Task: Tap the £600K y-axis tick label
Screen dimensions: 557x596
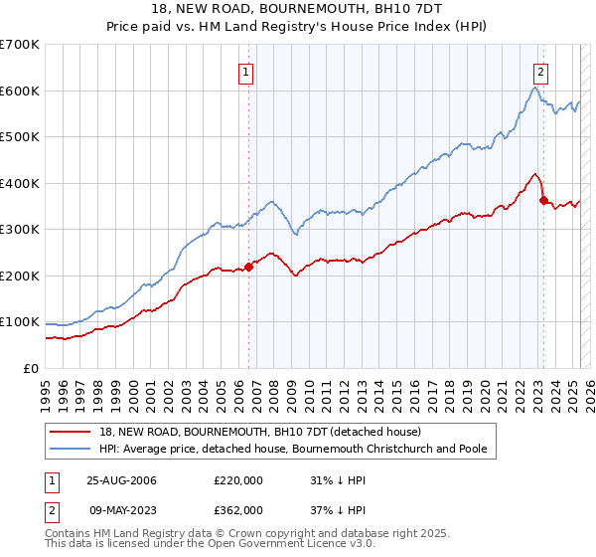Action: tap(19, 91)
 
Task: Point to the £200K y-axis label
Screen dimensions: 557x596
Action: tap(19, 276)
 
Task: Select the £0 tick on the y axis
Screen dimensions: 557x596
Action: tap(30, 368)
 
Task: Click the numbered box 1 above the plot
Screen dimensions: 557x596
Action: tap(245, 72)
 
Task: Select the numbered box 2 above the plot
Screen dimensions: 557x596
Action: tap(540, 72)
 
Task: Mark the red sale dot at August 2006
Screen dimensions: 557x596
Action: tap(249, 266)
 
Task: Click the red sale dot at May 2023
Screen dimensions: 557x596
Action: tap(542, 200)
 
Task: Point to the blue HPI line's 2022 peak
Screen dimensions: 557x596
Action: tap(534, 88)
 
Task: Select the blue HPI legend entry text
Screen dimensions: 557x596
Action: tap(293, 449)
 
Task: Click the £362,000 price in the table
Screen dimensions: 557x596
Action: tap(238, 509)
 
